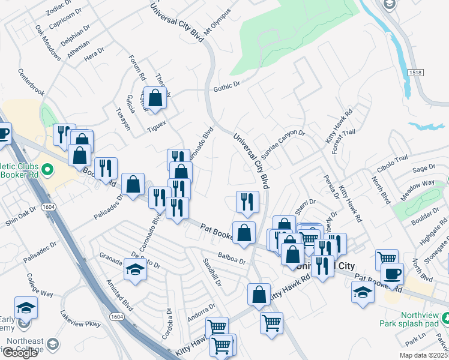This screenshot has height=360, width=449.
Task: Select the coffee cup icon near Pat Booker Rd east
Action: coord(392,274)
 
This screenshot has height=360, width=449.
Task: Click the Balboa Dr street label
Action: coord(232,259)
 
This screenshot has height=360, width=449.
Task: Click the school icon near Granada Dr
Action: coord(135,271)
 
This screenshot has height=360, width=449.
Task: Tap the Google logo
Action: coord(20,353)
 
